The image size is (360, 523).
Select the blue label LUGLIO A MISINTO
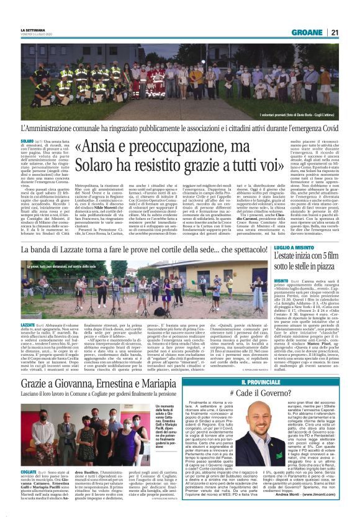[x=295, y=248]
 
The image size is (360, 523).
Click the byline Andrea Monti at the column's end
[x=292, y=510]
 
